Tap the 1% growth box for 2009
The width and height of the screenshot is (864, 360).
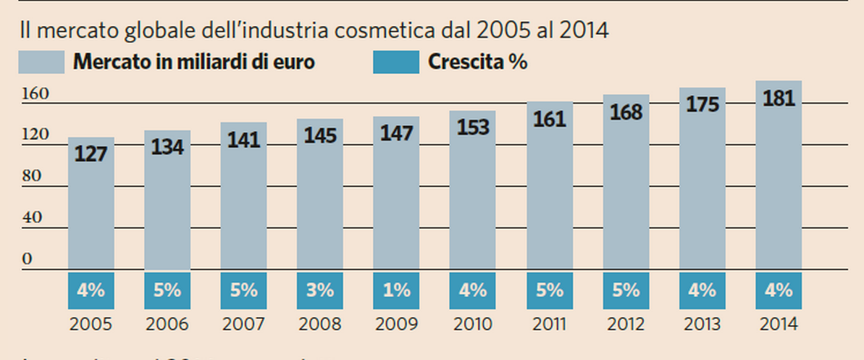tap(396, 290)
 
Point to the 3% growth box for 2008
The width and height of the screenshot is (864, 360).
tap(319, 290)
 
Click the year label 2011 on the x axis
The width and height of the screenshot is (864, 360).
tap(549, 325)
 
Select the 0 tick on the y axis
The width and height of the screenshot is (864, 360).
tap(28, 259)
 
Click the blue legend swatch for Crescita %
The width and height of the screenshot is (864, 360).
tap(396, 62)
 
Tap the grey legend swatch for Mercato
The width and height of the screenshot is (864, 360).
tap(41, 62)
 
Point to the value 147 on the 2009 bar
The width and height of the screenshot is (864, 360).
tap(396, 133)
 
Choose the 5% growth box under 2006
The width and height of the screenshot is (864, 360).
tap(167, 290)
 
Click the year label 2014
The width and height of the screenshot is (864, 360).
tap(778, 325)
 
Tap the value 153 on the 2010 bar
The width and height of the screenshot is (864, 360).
tap(472, 127)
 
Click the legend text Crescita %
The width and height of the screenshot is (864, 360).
tap(477, 62)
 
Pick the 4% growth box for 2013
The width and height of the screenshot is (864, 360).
tap(702, 290)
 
